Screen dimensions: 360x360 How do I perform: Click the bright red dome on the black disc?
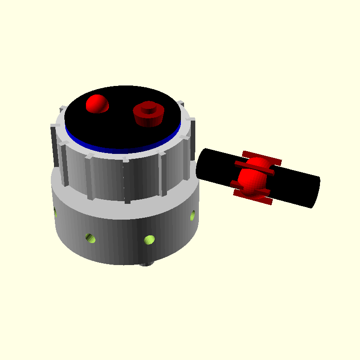[97, 103]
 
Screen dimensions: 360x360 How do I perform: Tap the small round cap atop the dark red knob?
[148, 107]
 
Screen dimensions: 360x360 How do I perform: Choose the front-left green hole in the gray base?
[90, 237]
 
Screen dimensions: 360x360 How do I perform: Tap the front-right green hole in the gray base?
[149, 239]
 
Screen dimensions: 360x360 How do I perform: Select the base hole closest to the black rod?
[193, 216]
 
